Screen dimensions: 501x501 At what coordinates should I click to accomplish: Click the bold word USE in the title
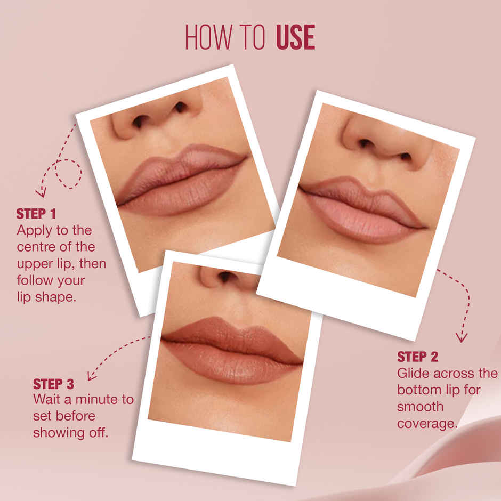295,37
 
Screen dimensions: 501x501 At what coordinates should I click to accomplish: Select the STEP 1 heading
36,214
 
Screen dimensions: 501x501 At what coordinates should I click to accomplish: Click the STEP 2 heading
417,357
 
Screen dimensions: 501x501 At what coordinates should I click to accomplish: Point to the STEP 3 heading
53,384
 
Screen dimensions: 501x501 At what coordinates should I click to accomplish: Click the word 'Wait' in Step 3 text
47,400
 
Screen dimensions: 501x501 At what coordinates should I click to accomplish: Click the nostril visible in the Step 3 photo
228,277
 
